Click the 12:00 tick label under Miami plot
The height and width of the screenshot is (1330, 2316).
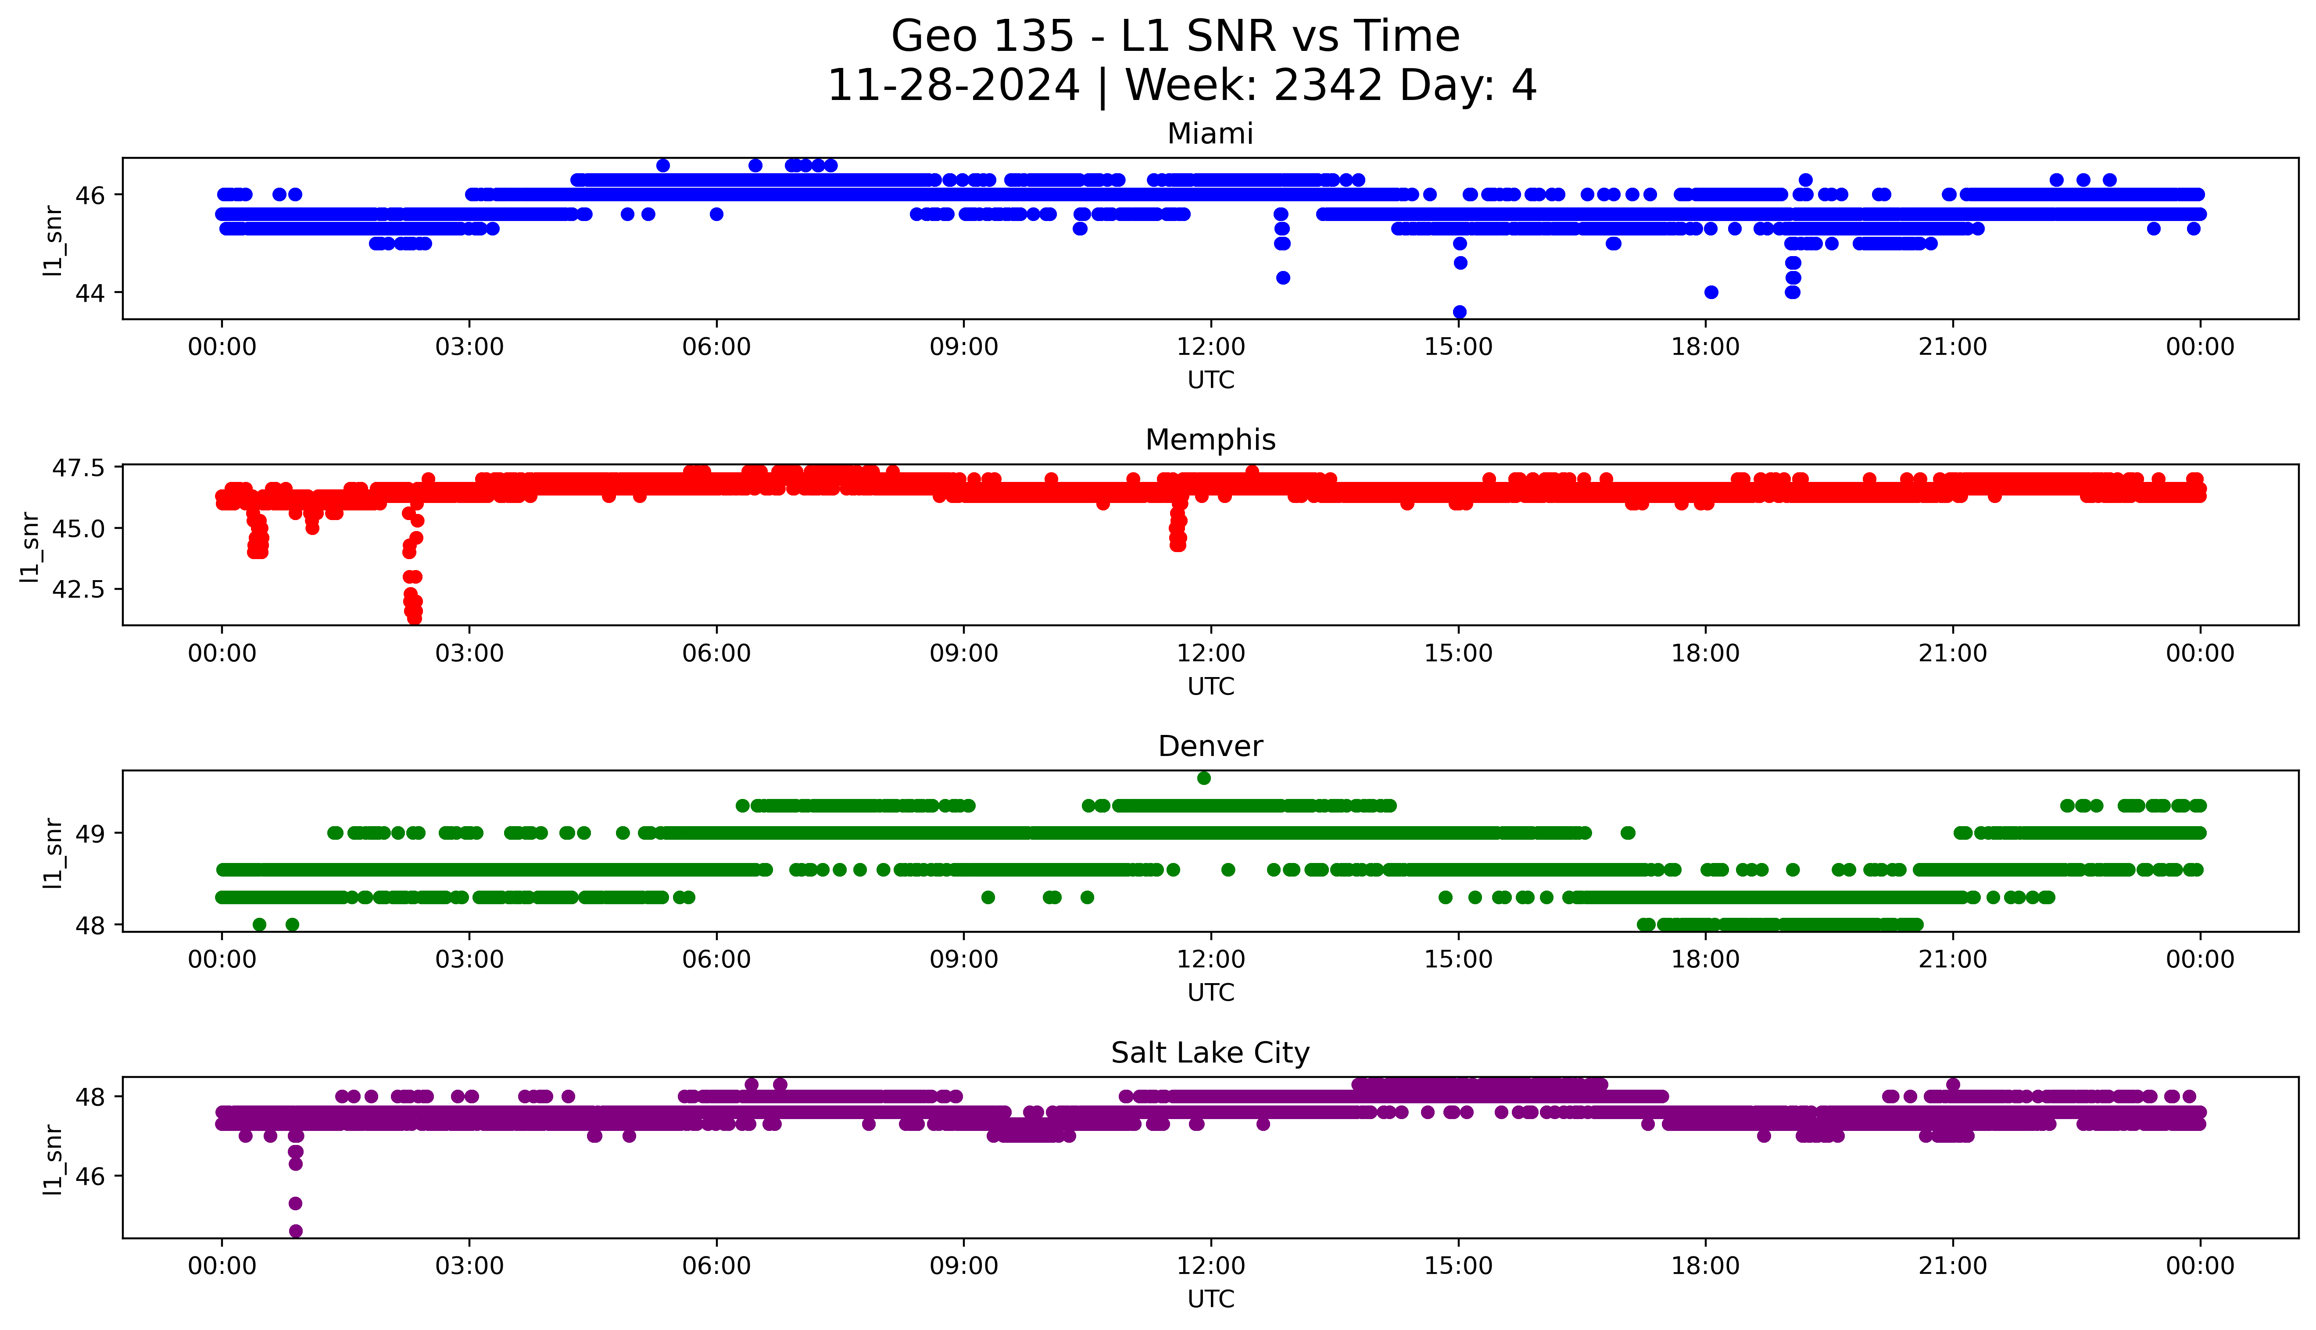pyautogui.click(x=1210, y=347)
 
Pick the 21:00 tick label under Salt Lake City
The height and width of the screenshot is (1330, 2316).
pyautogui.click(x=1952, y=1266)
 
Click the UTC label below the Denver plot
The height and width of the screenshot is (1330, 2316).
pyautogui.click(x=1210, y=993)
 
